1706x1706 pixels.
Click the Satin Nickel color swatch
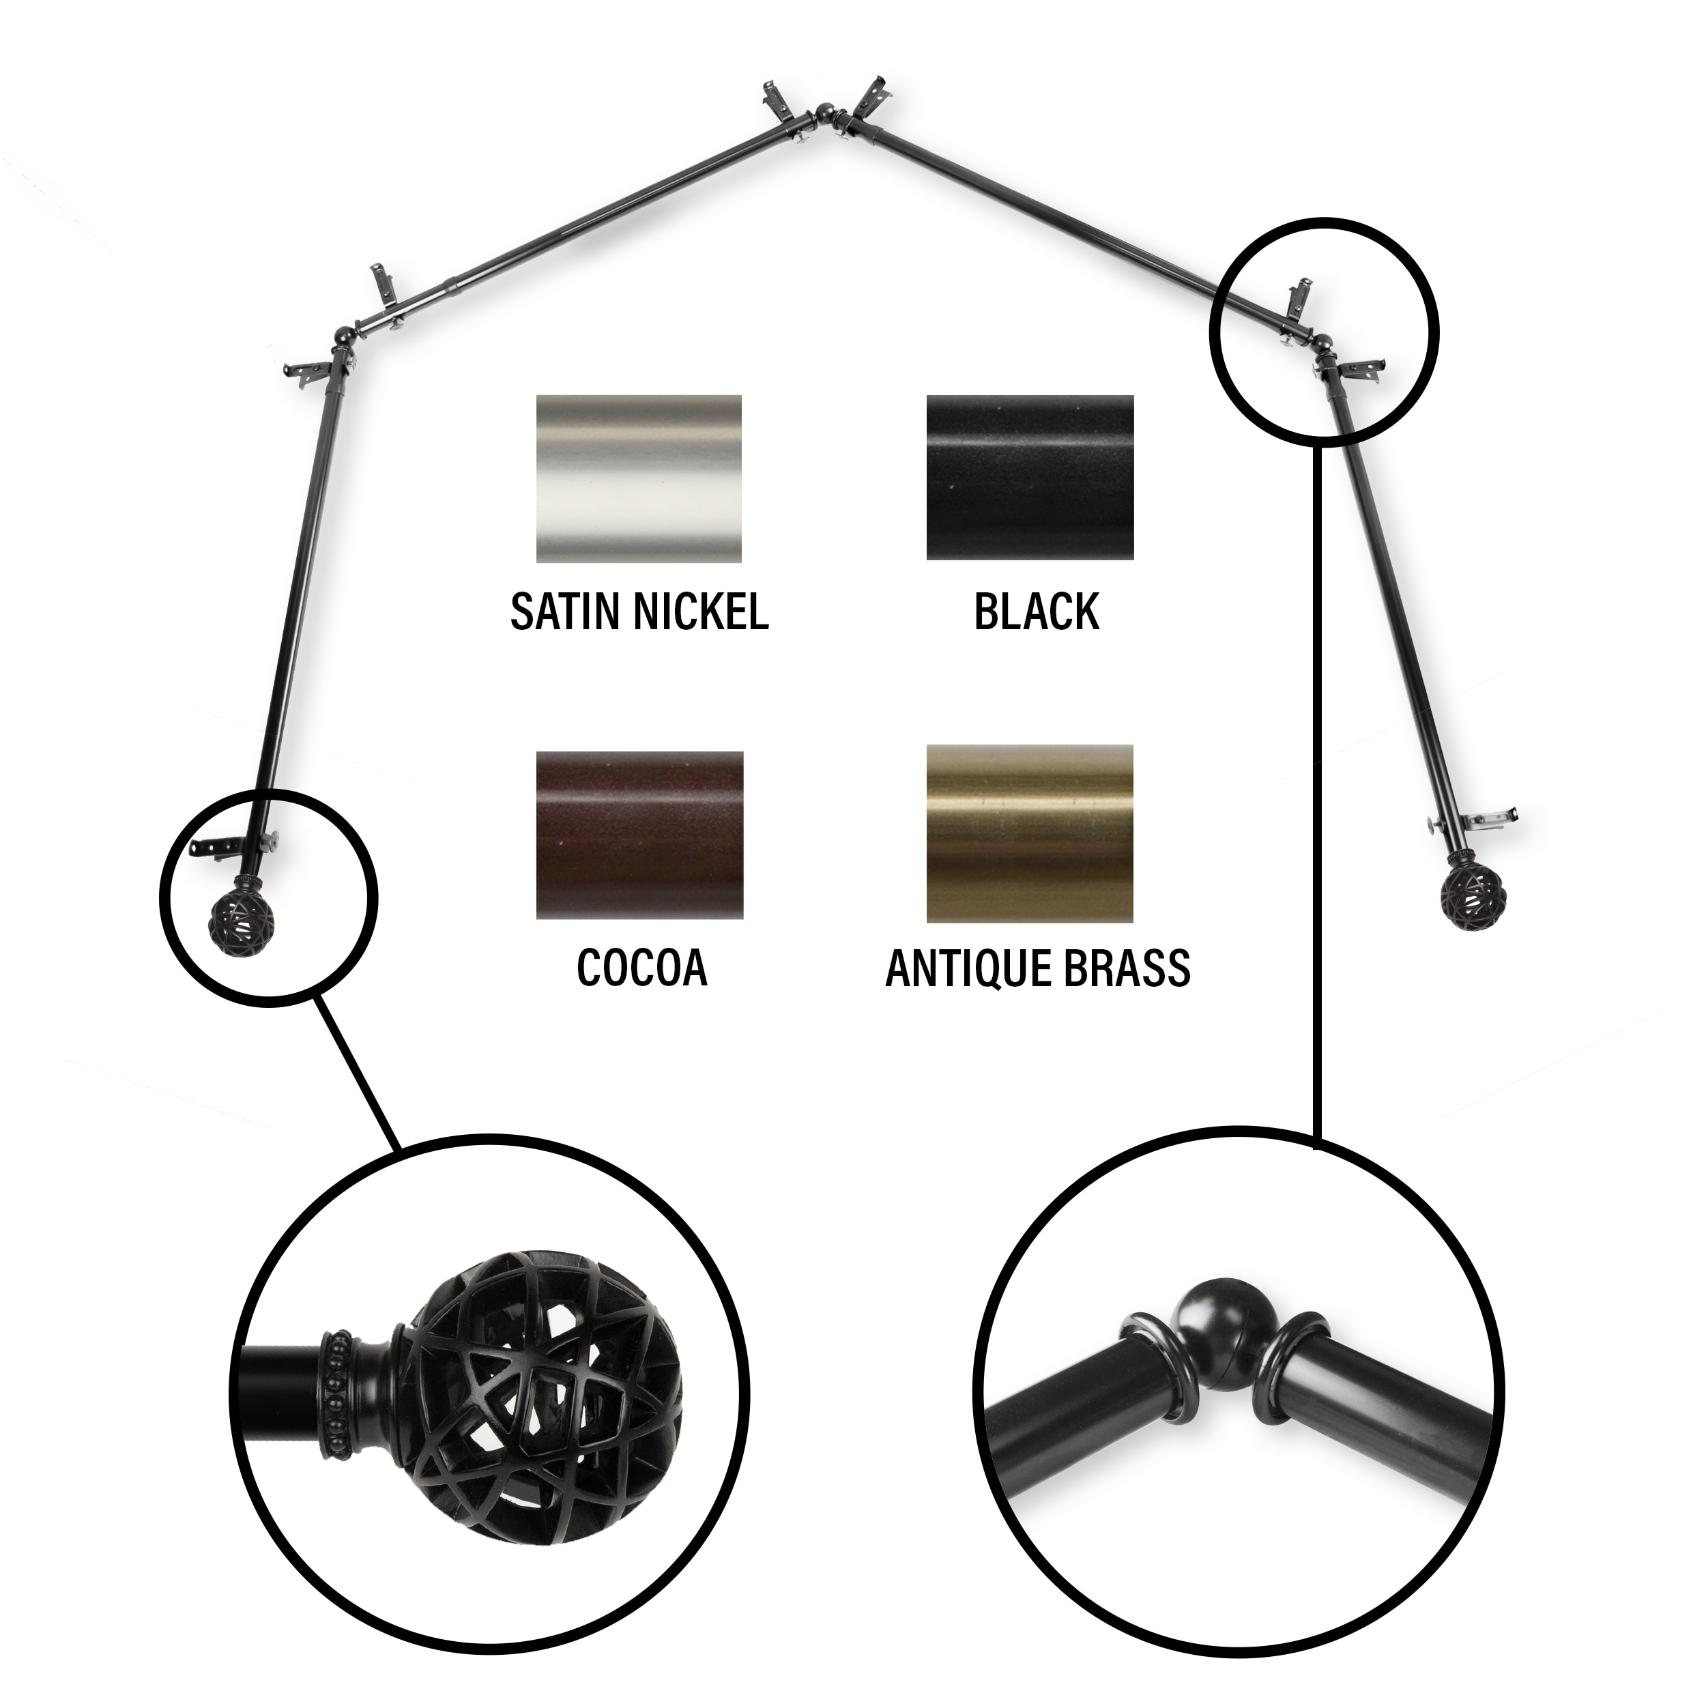click(639, 478)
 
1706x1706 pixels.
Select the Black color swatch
click(1030, 478)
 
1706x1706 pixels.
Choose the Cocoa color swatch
click(639, 835)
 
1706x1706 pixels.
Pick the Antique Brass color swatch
click(1030, 835)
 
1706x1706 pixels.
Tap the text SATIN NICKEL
click(639, 611)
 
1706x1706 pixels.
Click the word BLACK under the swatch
click(1037, 611)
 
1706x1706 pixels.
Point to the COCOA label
click(642, 968)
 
